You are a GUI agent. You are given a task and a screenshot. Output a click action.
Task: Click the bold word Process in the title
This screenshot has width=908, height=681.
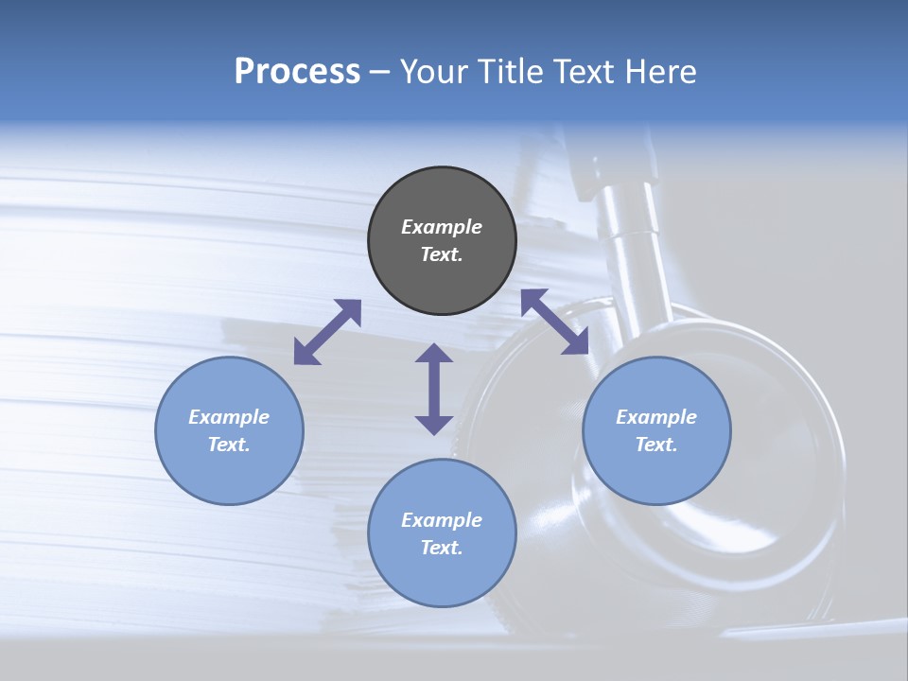[x=297, y=72]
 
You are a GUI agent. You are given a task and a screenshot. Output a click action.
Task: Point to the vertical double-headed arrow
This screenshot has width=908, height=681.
[x=434, y=389]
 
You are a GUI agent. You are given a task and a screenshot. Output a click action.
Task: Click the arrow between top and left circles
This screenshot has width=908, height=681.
[x=327, y=332]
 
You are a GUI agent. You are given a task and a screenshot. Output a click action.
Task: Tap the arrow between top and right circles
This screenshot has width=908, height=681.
[x=554, y=322]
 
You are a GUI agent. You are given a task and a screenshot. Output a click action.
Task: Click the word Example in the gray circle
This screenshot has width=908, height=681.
[x=442, y=227]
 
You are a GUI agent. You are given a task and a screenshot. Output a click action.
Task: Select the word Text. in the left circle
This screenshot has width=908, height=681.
[x=229, y=445]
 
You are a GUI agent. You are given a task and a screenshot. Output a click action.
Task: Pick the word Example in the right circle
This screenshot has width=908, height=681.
[x=656, y=417]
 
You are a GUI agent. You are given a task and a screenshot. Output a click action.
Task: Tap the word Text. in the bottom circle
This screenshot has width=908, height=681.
[x=442, y=548]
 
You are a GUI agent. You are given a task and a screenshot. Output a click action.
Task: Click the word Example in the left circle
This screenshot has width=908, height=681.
[x=229, y=417]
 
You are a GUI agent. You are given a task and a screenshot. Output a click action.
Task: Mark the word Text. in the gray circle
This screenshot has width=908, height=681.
[x=442, y=254]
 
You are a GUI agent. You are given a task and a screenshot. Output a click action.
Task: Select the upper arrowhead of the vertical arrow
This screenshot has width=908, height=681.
[x=434, y=354]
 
